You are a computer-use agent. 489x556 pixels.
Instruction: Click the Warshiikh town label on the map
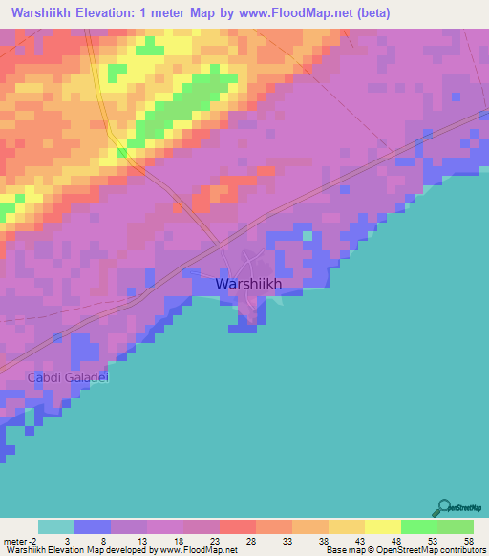click(x=254, y=284)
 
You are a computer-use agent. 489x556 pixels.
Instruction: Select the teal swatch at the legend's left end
click(x=56, y=526)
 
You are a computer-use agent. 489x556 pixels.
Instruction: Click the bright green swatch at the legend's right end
click(x=456, y=526)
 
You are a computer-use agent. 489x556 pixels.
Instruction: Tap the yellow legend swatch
click(x=383, y=526)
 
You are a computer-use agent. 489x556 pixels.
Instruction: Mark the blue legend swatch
click(x=93, y=526)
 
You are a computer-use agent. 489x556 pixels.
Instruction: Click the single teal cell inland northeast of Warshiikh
click(x=308, y=234)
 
